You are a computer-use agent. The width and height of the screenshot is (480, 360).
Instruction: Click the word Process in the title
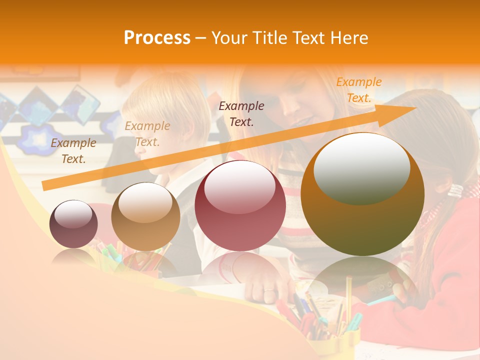coord(157,38)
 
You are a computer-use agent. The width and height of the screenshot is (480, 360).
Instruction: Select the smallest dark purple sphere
coord(73,224)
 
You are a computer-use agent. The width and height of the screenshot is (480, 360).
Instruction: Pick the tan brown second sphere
coord(145,216)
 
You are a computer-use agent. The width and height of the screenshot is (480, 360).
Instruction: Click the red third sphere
coord(240,205)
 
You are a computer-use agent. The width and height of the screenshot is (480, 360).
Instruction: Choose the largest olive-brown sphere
coord(362,194)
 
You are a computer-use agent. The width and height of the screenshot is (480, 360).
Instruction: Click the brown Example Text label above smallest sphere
coord(73,151)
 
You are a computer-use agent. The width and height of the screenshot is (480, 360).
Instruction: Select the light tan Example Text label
coord(147,134)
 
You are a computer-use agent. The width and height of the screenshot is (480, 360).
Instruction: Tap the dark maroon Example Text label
coord(241,113)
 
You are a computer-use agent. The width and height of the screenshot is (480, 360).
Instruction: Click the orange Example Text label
coord(359,90)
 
